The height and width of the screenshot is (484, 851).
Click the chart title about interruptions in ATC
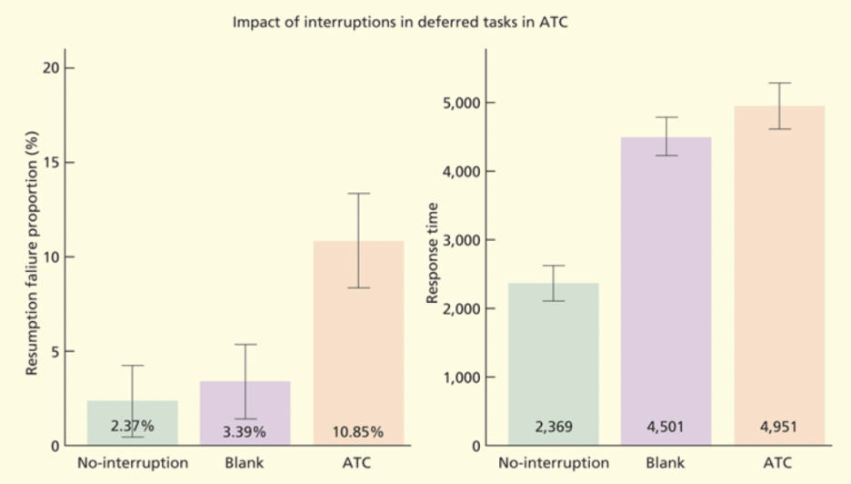(x=400, y=22)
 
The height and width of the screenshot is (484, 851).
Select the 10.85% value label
(x=358, y=432)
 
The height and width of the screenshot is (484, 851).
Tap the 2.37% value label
(x=132, y=426)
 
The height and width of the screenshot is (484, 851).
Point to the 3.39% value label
(x=245, y=432)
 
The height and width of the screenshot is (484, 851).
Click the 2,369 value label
(x=554, y=427)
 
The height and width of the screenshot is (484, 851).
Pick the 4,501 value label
(x=666, y=427)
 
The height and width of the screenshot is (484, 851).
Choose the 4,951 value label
(x=779, y=427)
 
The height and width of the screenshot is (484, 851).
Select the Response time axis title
(x=433, y=253)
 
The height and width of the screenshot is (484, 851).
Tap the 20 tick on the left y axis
(x=49, y=68)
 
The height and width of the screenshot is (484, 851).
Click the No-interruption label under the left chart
(x=133, y=463)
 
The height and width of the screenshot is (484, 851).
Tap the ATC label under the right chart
(x=779, y=463)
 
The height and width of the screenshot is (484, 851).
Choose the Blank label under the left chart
(x=245, y=463)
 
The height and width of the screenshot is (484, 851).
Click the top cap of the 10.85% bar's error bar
(x=358, y=194)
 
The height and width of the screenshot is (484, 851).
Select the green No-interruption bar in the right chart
(x=554, y=364)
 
